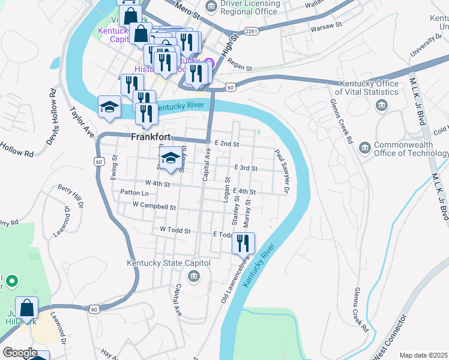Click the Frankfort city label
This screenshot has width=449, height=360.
point(151,137)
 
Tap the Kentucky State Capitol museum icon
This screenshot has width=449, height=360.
point(194,276)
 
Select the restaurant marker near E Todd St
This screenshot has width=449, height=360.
point(243,244)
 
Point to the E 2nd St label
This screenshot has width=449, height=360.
point(227,145)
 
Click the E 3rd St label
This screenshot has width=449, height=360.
point(246,168)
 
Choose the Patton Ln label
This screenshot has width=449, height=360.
point(134,193)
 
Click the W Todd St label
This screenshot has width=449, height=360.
point(175,230)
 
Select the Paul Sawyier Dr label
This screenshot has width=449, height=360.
point(282,172)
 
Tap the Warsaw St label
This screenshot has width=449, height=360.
point(325,26)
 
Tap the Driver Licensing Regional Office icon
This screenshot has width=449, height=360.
point(211,7)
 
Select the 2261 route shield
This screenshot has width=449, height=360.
point(250,31)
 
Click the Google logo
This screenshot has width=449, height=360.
point(20,353)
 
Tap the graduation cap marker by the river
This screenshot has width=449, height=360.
point(110,107)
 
